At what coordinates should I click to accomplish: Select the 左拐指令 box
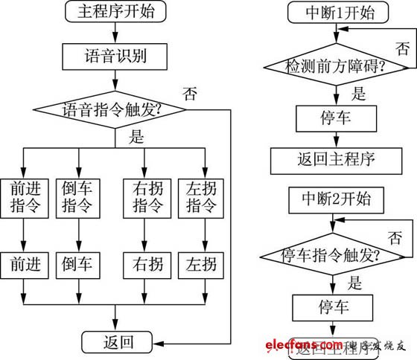pos(199,196)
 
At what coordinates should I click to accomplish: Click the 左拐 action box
pos(199,264)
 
